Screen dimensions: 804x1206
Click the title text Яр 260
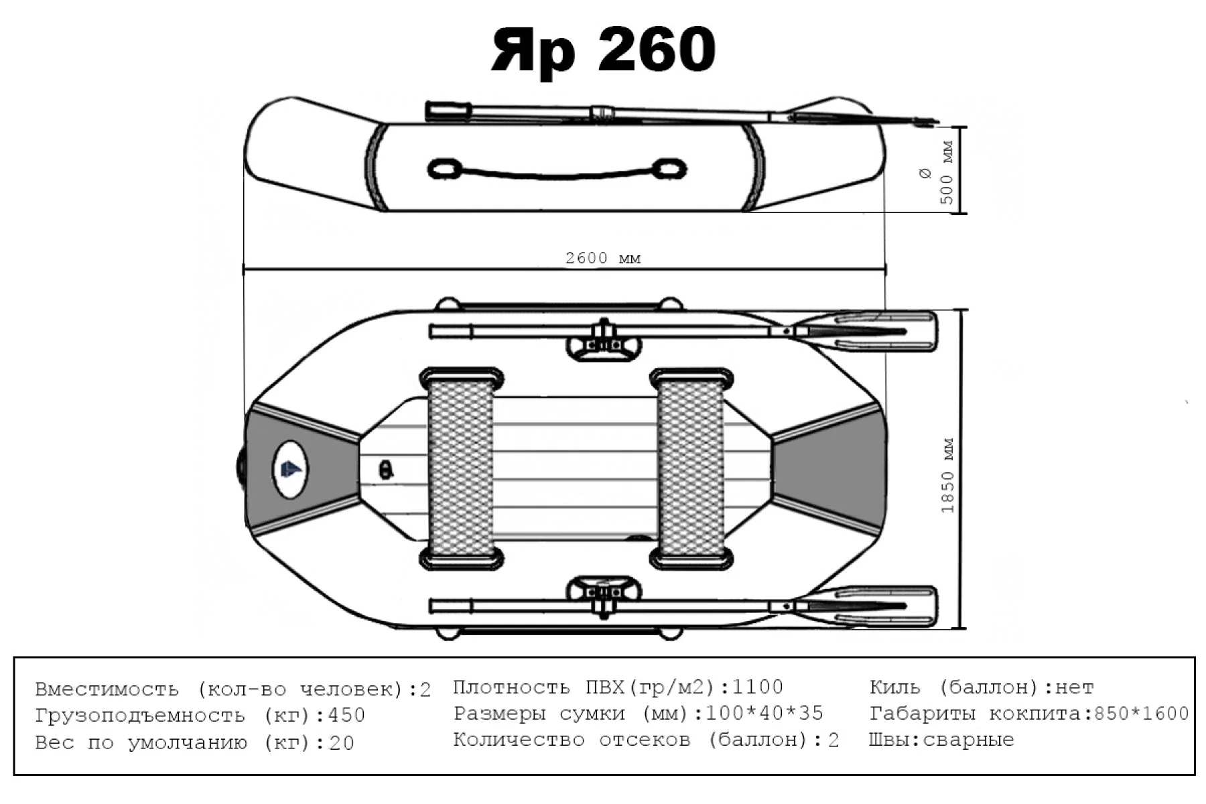[603, 50]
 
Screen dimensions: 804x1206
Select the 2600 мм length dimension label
[602, 259]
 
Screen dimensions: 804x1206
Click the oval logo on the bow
[290, 469]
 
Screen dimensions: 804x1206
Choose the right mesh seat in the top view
[691, 469]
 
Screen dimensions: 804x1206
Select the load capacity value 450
[346, 716]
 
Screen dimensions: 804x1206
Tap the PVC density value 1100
[758, 687]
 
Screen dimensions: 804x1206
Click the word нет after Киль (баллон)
[1074, 687]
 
